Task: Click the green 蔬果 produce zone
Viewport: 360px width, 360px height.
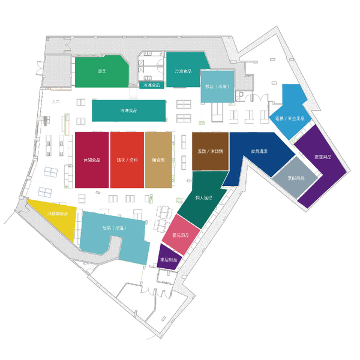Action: pos(101,73)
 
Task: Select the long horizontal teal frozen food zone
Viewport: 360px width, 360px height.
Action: pos(128,111)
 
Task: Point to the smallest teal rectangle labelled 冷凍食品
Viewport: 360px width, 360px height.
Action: pos(152,85)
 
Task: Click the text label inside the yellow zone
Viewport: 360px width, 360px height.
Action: pos(58,214)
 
